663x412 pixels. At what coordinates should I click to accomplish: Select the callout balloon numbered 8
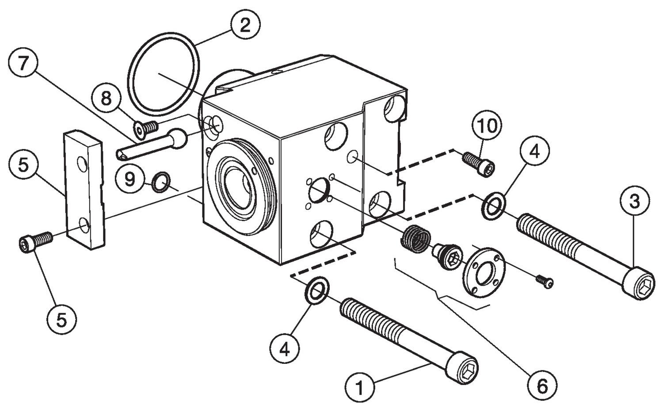point(106,98)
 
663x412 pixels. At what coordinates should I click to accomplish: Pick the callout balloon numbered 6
point(542,386)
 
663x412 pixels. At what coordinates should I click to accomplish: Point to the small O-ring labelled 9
point(160,183)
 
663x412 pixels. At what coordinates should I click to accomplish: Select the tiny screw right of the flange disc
point(545,281)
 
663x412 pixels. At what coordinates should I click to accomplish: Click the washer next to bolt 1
point(316,290)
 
